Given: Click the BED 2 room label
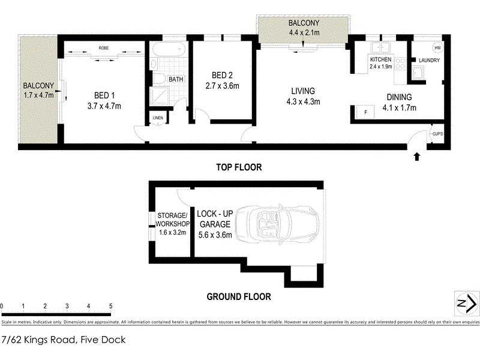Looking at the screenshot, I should pos(222,75).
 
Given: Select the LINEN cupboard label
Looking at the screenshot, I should pos(158,118).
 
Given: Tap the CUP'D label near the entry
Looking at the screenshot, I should pos(438,134).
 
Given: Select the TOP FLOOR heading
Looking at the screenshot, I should pos(239,167).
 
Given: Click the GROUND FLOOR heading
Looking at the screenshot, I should pos(239,296).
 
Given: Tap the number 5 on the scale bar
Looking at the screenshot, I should pos(110,306).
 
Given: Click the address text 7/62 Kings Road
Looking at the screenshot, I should pos(64,340).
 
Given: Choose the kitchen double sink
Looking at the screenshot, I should pos(381,49).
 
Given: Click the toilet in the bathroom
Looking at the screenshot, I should pos(160,79).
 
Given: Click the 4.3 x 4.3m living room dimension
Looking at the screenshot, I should pos(302,101).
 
